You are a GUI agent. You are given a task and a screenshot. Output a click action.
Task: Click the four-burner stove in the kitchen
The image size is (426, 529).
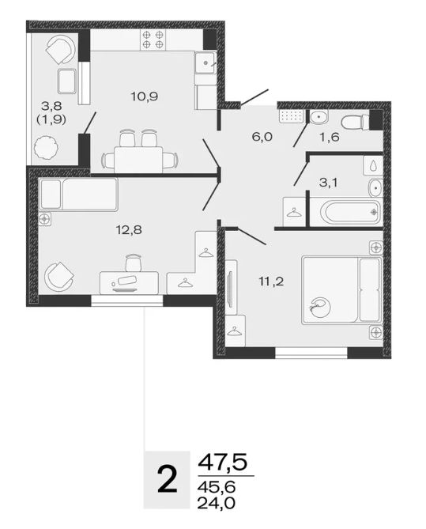click(153, 40)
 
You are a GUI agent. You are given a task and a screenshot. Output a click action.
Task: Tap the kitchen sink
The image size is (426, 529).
click(205, 62)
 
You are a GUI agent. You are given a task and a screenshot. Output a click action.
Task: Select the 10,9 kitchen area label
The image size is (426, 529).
click(145, 96)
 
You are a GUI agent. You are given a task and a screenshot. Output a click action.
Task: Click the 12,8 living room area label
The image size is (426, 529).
click(129, 230)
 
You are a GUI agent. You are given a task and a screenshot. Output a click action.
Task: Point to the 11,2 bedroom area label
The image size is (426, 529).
click(271, 281)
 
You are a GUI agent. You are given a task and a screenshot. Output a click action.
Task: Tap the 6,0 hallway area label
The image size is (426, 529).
click(262, 137)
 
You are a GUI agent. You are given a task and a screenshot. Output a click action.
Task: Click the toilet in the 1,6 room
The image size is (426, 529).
click(356, 122)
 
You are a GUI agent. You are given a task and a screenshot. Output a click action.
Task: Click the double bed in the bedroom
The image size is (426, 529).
click(341, 290)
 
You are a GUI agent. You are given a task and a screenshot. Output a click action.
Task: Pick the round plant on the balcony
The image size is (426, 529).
click(46, 147)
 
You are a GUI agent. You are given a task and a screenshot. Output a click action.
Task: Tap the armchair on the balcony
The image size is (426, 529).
click(60, 50)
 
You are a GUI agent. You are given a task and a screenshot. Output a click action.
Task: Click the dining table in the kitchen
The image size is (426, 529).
click(138, 160)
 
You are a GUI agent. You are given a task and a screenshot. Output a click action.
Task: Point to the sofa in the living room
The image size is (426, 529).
click(78, 195)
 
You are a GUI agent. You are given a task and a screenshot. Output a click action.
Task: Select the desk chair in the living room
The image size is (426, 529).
click(134, 263)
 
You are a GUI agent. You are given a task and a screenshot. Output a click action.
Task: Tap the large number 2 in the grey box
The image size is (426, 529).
click(168, 479)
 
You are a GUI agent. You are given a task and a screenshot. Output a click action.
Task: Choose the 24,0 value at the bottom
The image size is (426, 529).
click(217, 504)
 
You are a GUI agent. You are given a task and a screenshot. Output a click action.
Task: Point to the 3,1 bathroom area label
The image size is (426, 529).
click(328, 183)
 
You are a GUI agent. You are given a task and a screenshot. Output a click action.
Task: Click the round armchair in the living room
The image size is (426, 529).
click(59, 277)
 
